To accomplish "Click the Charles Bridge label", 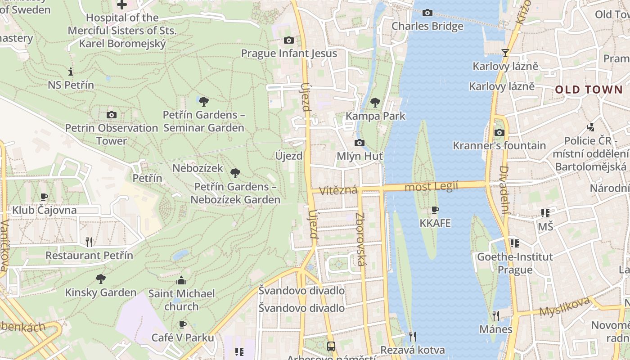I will [x=427, y=26].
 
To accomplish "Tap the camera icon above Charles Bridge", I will [x=427, y=13].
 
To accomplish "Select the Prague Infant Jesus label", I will [x=289, y=53].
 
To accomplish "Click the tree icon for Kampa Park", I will [x=375, y=103].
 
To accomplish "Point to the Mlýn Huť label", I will [x=360, y=156].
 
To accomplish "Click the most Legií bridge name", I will [x=431, y=186].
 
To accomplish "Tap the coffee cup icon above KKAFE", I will [x=435, y=210].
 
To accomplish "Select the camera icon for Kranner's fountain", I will [x=499, y=132].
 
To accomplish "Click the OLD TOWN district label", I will [x=588, y=90].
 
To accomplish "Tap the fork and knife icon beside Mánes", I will [x=495, y=315].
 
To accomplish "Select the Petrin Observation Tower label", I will [x=112, y=134].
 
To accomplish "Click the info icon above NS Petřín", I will [x=71, y=72].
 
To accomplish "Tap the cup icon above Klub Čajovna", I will [x=44, y=197].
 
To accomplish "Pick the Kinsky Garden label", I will [x=100, y=292].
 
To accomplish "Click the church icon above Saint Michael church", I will [x=181, y=281].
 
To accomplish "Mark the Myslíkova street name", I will [x=564, y=307].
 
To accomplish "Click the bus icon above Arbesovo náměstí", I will [x=331, y=346].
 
